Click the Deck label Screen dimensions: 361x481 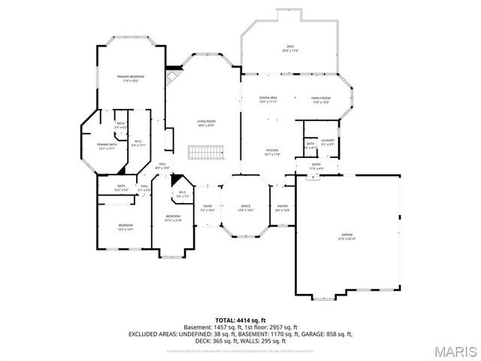pos(290,48)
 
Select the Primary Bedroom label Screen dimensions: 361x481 pos(130,78)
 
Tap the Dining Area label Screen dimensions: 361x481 pos(268,99)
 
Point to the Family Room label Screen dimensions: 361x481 pos(321,99)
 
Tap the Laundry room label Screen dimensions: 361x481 pos(327,142)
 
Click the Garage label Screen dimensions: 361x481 pos(346,235)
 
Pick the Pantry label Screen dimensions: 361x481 pos(282,208)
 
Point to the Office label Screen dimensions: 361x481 pos(245,208)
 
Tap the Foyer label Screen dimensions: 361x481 pos(207,208)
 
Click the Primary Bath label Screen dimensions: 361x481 pos(107,146)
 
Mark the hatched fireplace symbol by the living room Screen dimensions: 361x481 pos(174,75)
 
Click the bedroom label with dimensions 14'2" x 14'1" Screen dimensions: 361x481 pos(125,227)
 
